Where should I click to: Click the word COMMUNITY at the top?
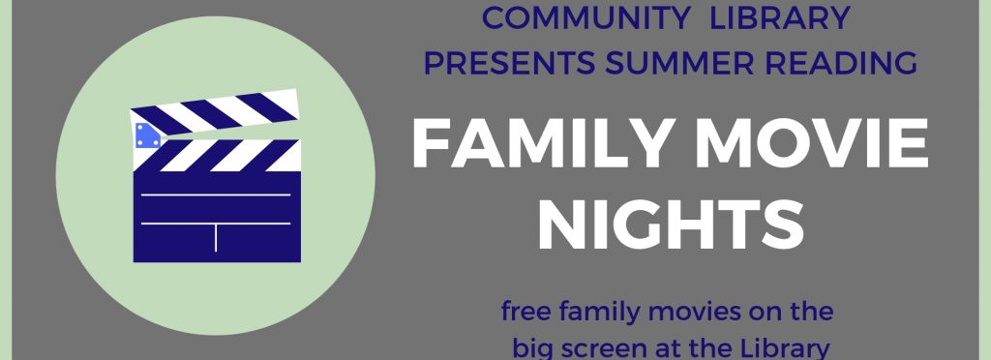(586, 18)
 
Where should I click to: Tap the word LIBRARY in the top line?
(779, 18)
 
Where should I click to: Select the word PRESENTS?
(509, 63)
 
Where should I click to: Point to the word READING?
(834, 63)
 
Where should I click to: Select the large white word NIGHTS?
(671, 225)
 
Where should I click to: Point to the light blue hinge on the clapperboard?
(148, 135)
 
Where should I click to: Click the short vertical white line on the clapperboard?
(216, 237)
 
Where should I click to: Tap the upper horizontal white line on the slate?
(216, 195)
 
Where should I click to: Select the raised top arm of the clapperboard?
(214, 112)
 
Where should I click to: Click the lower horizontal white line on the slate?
(216, 223)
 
